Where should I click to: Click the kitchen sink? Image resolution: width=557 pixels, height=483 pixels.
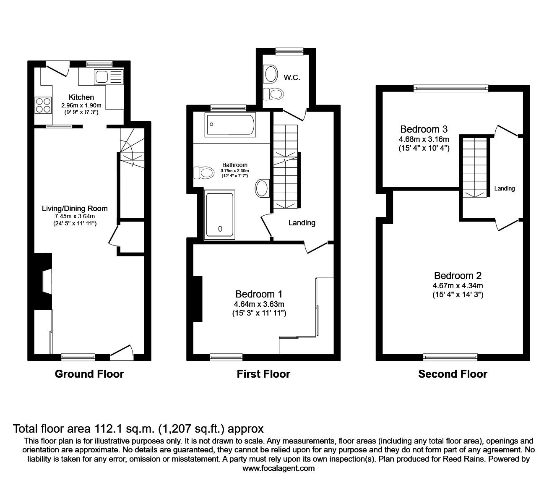click(102, 77)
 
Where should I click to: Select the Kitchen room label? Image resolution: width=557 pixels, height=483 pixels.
click(81, 97)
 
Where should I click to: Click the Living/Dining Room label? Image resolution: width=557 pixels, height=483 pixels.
click(75, 208)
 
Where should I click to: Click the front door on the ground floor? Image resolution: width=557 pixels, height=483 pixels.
click(122, 352)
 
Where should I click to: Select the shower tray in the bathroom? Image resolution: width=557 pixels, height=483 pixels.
click(220, 215)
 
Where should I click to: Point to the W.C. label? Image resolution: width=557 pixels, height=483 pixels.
click(292, 78)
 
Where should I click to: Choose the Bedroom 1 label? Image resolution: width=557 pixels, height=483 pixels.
click(259, 294)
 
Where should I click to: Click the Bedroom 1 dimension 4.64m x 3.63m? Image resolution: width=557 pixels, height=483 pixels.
click(259, 304)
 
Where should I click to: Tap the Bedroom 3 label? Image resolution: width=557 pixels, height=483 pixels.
click(424, 129)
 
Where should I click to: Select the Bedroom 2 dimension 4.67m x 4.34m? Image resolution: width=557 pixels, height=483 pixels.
click(458, 286)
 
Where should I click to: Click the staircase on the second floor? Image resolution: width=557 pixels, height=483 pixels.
click(476, 167)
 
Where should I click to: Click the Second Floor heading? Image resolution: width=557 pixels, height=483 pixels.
click(453, 374)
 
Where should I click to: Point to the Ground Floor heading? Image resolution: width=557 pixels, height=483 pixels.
click(89, 374)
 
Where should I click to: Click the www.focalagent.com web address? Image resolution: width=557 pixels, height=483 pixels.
click(278, 468)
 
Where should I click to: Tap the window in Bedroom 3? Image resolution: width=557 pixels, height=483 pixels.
click(451, 88)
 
